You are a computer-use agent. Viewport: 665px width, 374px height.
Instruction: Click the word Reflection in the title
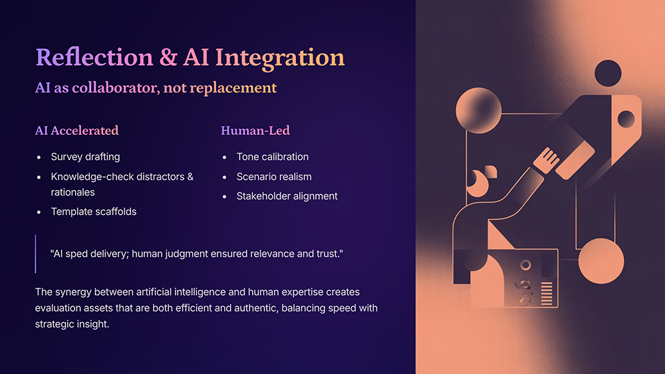[x=94, y=57]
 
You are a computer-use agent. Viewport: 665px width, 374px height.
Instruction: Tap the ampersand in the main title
[x=168, y=58]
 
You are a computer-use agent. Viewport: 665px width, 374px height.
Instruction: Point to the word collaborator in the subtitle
[x=116, y=88]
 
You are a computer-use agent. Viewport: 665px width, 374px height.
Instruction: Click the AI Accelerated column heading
[x=76, y=130]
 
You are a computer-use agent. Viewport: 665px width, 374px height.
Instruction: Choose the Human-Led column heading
[x=255, y=130]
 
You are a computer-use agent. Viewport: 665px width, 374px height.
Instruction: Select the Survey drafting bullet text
[x=85, y=157]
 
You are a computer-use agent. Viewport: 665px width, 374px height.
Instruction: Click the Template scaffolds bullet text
[x=94, y=211]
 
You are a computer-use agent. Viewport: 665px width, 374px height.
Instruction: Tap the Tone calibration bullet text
[x=273, y=157]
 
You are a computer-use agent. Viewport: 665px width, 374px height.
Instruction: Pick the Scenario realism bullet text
[x=274, y=177]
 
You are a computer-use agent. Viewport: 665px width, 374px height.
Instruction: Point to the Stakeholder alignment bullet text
[x=287, y=196]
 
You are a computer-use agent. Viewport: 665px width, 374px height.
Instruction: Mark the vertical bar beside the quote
[x=36, y=254]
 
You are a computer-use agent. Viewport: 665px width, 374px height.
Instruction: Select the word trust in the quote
[x=327, y=254]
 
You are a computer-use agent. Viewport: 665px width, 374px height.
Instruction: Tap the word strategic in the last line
[x=52, y=324]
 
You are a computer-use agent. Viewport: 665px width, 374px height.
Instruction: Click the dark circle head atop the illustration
[x=608, y=73]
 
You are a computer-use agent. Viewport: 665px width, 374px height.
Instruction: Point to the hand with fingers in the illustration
[x=547, y=159]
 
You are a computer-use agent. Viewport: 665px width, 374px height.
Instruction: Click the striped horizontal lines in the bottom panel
[x=547, y=293]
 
